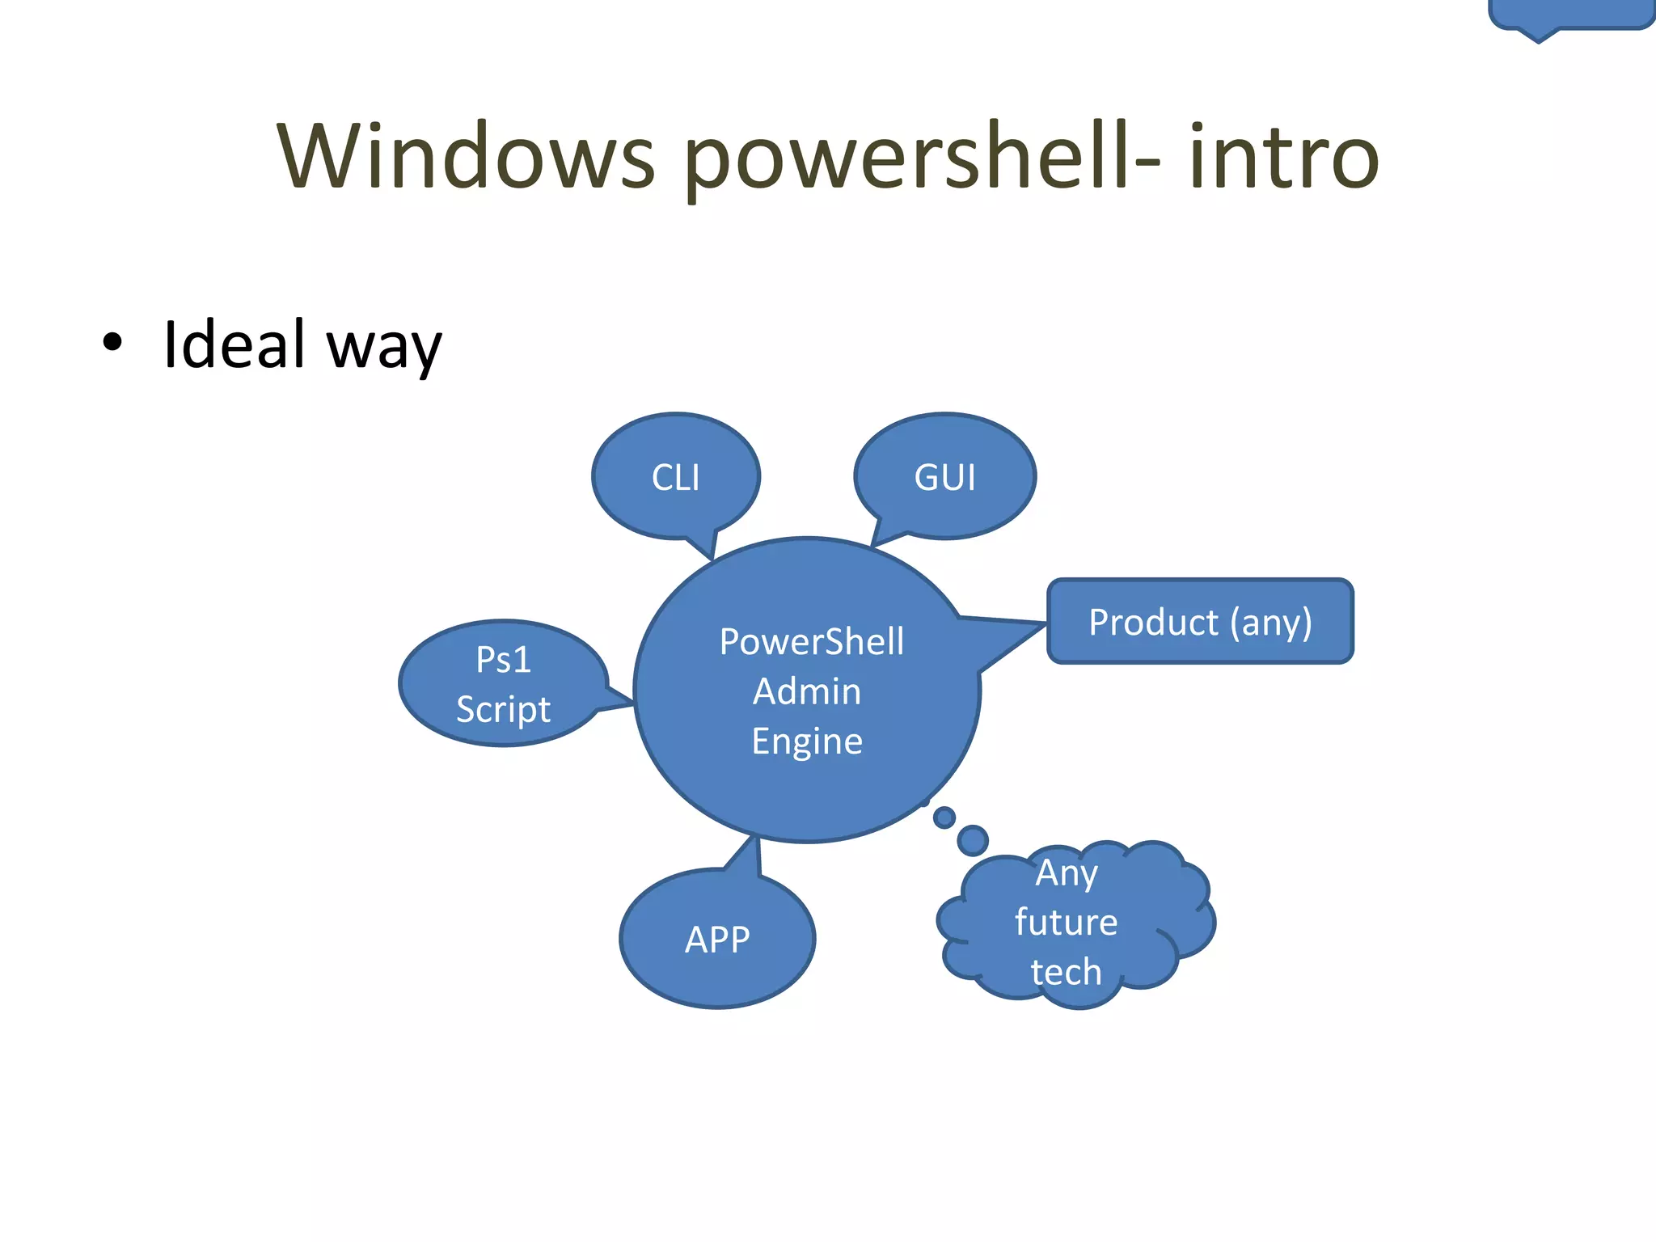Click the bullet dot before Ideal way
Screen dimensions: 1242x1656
pyautogui.click(x=112, y=343)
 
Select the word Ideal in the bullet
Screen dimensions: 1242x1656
pyautogui.click(x=234, y=344)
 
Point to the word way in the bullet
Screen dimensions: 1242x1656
pyautogui.click(x=384, y=348)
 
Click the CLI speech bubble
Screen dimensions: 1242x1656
pyautogui.click(x=675, y=477)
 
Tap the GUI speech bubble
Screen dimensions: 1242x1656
pyautogui.click(x=944, y=477)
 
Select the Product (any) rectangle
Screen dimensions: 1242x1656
pyautogui.click(x=1200, y=622)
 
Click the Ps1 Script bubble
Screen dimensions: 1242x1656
pyautogui.click(x=503, y=684)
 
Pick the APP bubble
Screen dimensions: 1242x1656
pyautogui.click(x=717, y=940)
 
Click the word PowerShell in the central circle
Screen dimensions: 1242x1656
pyautogui.click(x=812, y=642)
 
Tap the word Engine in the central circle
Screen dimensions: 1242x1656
pyautogui.click(x=807, y=741)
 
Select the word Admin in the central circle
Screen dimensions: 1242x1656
pyautogui.click(x=807, y=692)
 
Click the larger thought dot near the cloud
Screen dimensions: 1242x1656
pyautogui.click(x=973, y=840)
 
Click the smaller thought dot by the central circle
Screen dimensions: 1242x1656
pyautogui.click(x=944, y=817)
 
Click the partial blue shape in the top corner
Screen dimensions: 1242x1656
pyautogui.click(x=1569, y=15)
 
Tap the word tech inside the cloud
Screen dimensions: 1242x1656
pyautogui.click(x=1066, y=972)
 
